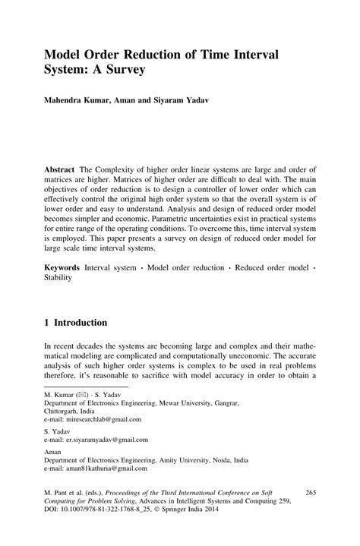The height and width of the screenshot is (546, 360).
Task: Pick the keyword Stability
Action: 58,279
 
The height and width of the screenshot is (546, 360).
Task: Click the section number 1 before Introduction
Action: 47,323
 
